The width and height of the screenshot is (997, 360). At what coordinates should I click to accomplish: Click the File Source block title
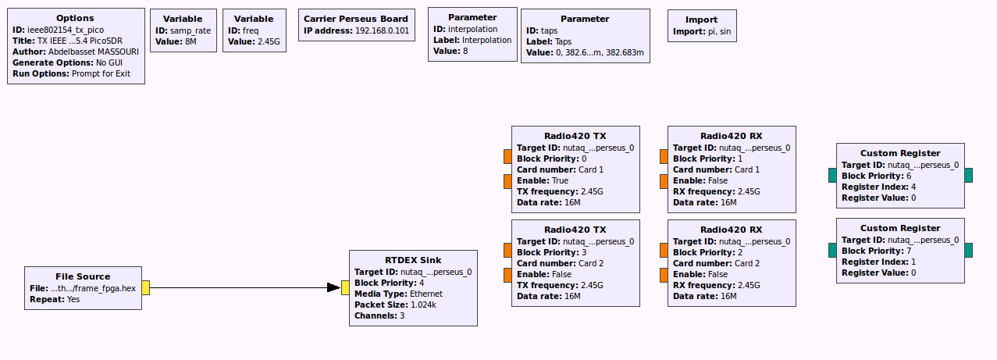(x=83, y=276)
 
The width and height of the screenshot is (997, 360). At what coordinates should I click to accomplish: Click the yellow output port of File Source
(x=146, y=288)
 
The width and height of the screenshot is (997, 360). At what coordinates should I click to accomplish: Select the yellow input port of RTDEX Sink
(x=345, y=288)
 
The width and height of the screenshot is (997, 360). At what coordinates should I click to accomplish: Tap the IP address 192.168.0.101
(x=382, y=31)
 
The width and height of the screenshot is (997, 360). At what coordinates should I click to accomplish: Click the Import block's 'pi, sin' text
(x=714, y=32)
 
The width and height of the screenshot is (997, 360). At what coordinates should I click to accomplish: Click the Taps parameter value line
(x=585, y=52)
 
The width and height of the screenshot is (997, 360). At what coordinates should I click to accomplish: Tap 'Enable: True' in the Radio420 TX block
(x=543, y=180)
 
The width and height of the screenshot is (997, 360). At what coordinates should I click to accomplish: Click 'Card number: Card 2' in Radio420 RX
(x=715, y=263)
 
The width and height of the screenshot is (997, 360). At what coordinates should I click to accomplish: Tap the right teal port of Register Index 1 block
(x=968, y=250)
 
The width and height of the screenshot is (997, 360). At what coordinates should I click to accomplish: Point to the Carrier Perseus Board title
(x=356, y=19)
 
